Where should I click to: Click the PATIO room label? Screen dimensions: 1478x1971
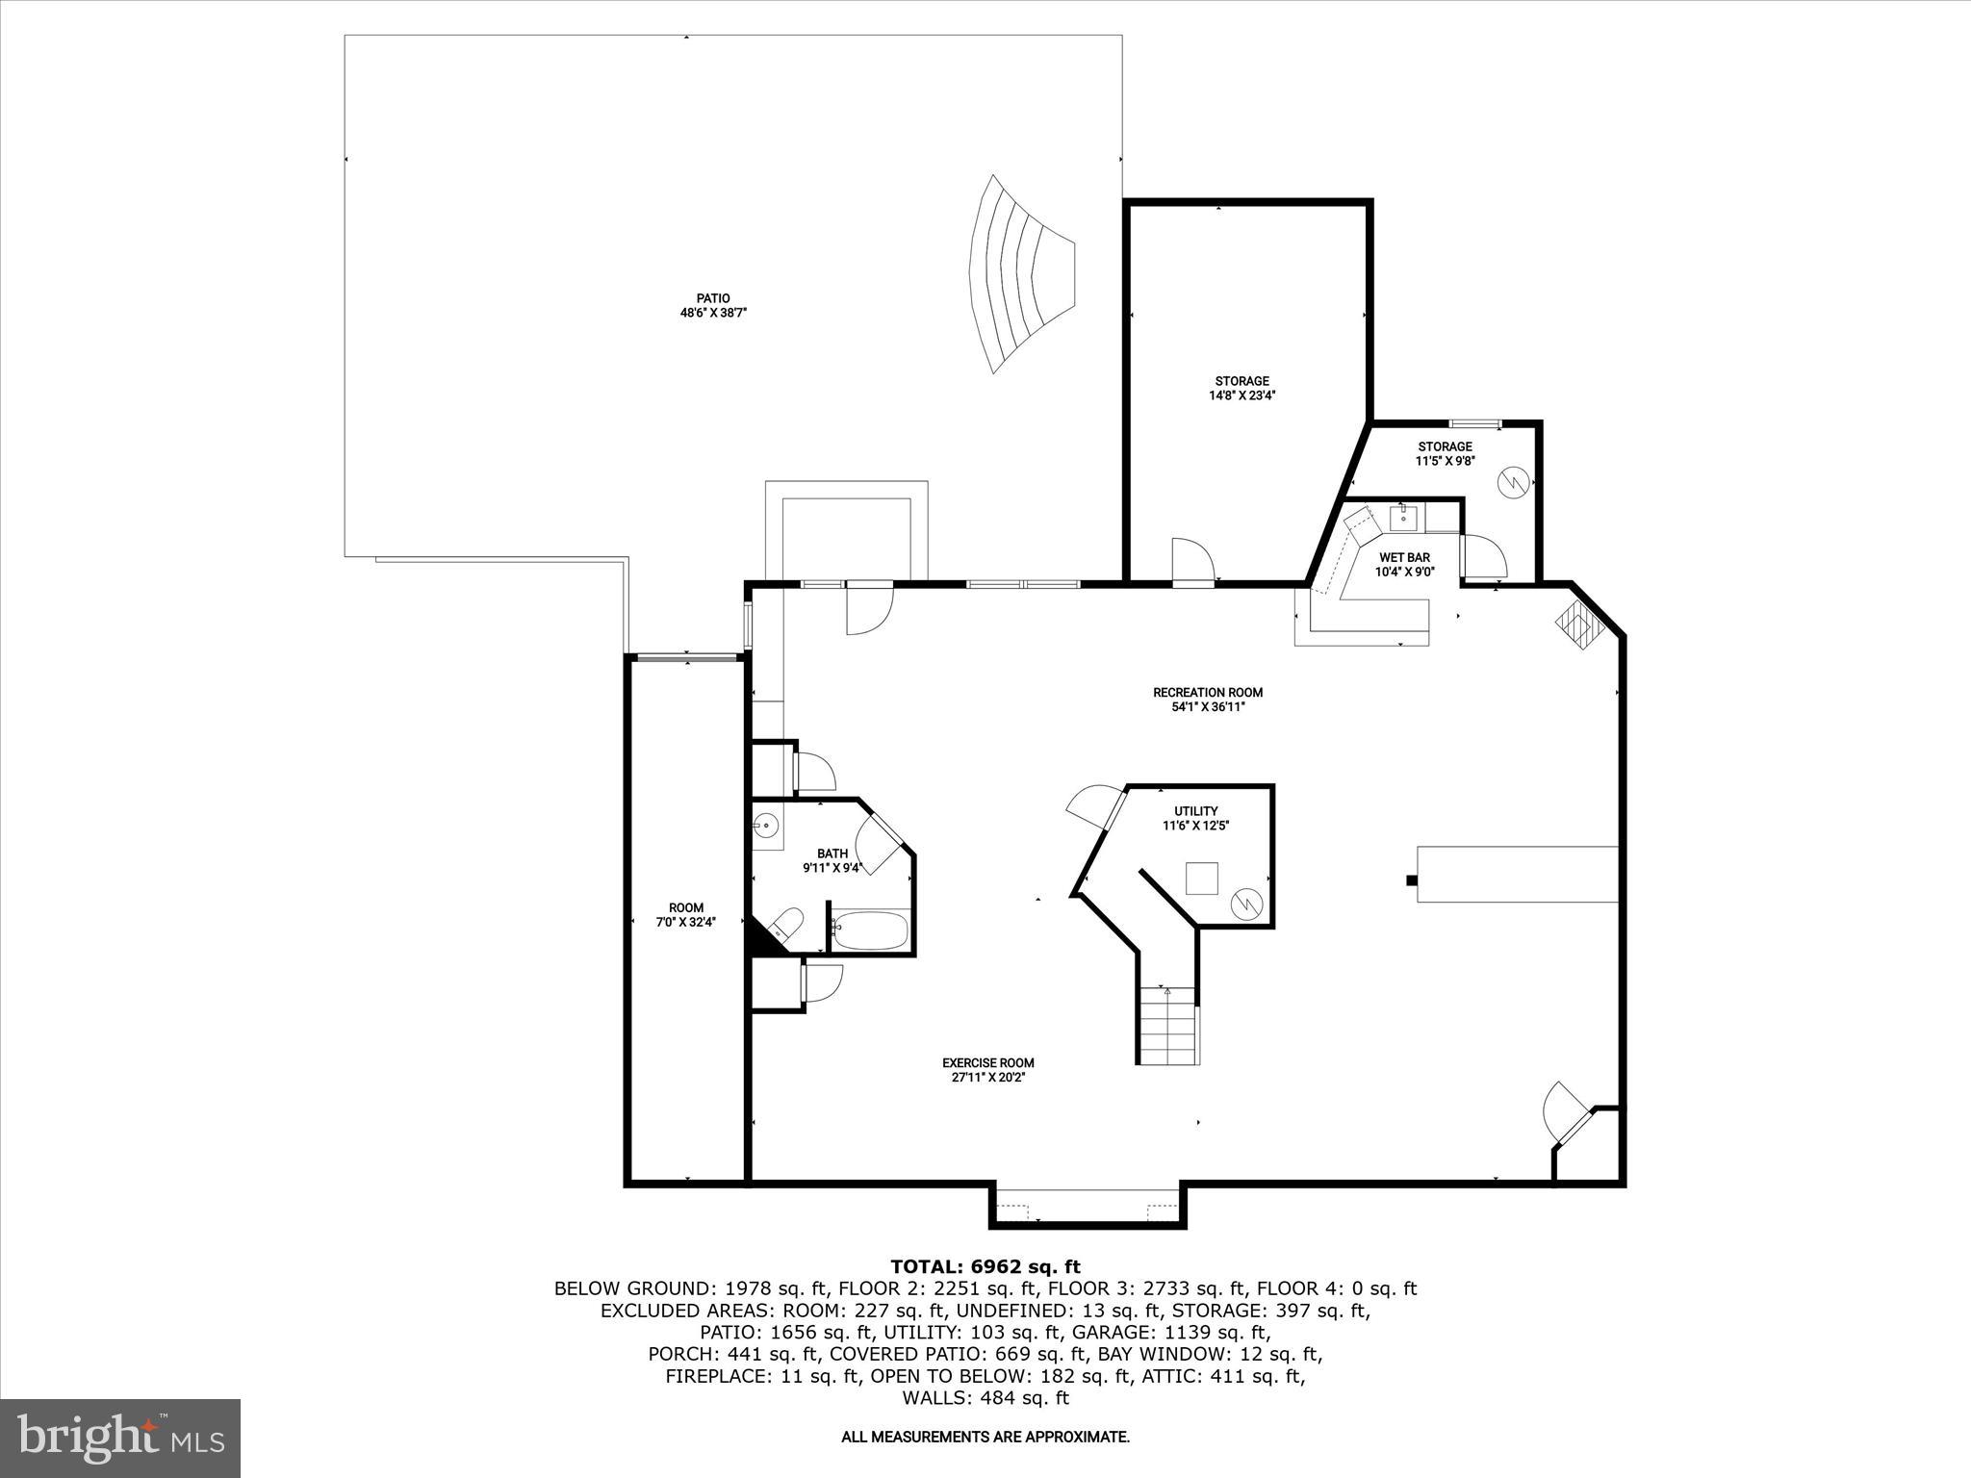713,298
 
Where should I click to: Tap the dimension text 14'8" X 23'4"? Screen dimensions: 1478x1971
1241,395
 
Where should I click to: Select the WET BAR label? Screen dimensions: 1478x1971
1404,557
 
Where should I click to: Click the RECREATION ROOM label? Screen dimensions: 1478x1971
1208,692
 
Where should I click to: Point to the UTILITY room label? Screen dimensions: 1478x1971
1195,811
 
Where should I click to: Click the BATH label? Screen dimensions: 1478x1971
832,854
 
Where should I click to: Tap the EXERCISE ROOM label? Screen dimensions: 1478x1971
987,1063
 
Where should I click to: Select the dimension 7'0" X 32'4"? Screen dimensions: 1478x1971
686,922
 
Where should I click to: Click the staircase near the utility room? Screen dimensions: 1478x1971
1167,1026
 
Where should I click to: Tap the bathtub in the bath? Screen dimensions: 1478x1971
870,930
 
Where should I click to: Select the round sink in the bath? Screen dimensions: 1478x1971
766,826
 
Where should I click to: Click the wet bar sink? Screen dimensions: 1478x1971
1404,519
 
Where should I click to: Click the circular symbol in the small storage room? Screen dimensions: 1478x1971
1513,480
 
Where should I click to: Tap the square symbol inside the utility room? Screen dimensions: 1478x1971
1201,879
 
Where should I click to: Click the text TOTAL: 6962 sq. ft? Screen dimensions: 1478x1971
985,1266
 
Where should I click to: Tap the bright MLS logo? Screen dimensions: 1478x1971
120,1437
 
